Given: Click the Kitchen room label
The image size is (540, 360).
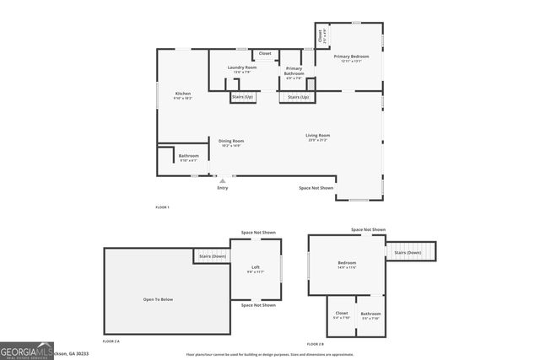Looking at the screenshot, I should [182, 94].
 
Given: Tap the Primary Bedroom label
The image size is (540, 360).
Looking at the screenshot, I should [350, 56].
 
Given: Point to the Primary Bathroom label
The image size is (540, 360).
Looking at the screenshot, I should [294, 71].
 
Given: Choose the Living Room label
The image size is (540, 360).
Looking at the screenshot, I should [317, 136].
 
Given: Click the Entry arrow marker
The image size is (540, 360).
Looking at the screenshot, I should [223, 180].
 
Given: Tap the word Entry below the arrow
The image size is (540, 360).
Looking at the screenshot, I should [223, 188].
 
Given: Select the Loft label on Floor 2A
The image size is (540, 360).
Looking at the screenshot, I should [255, 267].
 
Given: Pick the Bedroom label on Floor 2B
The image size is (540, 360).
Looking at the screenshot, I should [347, 262].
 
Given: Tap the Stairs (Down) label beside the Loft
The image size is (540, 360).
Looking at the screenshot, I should [212, 256].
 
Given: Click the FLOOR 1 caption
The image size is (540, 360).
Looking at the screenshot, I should [162, 207].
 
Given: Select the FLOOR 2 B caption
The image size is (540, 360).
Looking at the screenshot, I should [314, 344].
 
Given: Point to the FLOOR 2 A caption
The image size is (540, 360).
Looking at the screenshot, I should [111, 341].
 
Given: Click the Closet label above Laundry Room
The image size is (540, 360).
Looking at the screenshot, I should [265, 53].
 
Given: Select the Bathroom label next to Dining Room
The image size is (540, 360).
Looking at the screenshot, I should [188, 156].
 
